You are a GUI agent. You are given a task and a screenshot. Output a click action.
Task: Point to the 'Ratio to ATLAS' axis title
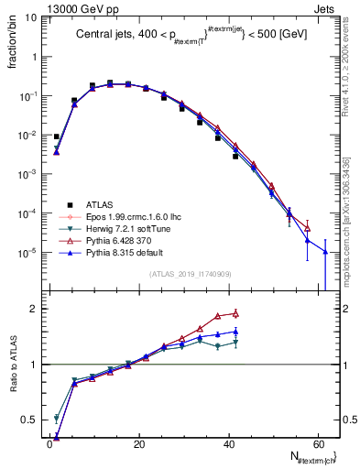click(12, 365)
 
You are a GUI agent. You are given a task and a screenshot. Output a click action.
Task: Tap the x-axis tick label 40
click(227, 443)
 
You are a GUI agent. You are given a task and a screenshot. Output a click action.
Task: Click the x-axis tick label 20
click(138, 443)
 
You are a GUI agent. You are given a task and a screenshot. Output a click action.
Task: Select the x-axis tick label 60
click(316, 443)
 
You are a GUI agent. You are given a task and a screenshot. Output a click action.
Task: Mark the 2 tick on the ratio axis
click(37, 309)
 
